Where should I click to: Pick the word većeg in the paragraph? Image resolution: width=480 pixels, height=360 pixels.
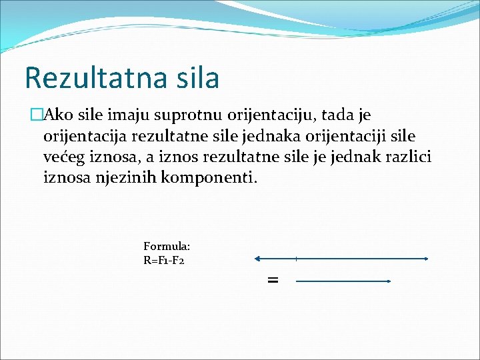pos(65,157)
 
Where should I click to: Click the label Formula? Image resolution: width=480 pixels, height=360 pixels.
pos(167,247)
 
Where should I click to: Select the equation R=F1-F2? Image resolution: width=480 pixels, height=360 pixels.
pos(164,260)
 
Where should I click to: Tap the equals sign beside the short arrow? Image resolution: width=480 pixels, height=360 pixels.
pos(272,281)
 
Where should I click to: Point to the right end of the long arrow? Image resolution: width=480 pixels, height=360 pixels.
pos(426,259)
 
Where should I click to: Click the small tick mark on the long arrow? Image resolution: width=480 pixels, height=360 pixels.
pos(296,259)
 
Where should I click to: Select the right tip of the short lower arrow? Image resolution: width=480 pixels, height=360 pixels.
pos(389,281)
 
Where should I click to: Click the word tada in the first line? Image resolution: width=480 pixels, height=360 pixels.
pos(335,116)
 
